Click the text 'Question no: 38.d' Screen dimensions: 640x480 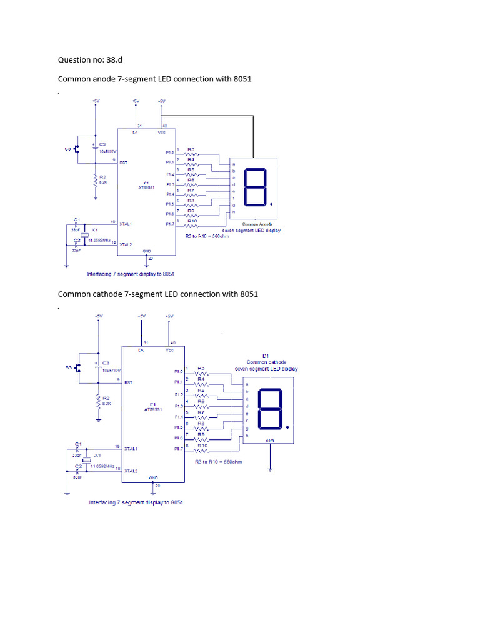click(94, 60)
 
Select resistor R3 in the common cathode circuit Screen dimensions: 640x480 click(201, 373)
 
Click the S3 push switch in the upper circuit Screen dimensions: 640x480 click(76, 149)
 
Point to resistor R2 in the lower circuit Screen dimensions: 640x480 click(98, 400)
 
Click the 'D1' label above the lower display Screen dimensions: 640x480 click(266, 356)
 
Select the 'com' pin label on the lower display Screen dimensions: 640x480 click(269, 440)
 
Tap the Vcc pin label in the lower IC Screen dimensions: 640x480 click(170, 351)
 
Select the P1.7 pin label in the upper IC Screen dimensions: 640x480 click(170, 224)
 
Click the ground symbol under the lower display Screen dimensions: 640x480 click(269, 467)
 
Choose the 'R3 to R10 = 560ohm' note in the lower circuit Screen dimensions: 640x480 click(218, 462)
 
